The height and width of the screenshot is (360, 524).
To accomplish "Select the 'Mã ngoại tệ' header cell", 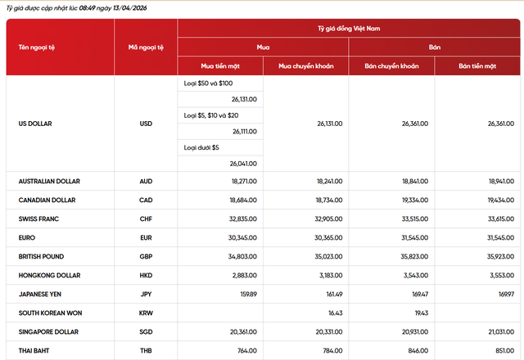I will [146, 47].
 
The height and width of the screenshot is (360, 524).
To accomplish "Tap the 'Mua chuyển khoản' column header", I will [305, 65].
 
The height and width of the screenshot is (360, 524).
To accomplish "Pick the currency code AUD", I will [146, 181].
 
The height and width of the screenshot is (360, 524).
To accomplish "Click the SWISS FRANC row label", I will [38, 218].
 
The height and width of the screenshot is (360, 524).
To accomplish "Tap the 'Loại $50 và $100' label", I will [210, 83].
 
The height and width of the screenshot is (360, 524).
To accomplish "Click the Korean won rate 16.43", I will [333, 313].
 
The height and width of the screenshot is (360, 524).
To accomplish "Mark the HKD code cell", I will [146, 275].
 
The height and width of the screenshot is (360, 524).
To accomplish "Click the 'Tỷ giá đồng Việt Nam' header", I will [349, 29].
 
